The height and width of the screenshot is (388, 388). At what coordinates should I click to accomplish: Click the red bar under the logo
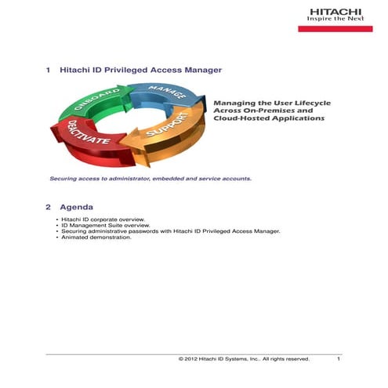335,28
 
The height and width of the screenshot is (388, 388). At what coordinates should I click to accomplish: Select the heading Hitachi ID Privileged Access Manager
140,71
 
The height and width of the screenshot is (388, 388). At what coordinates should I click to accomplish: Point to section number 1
49,71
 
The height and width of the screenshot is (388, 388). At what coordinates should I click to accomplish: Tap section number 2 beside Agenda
49,206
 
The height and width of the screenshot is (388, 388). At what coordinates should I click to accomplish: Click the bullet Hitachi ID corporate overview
103,219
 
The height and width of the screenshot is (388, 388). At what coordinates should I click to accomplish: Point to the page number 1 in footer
338,359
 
